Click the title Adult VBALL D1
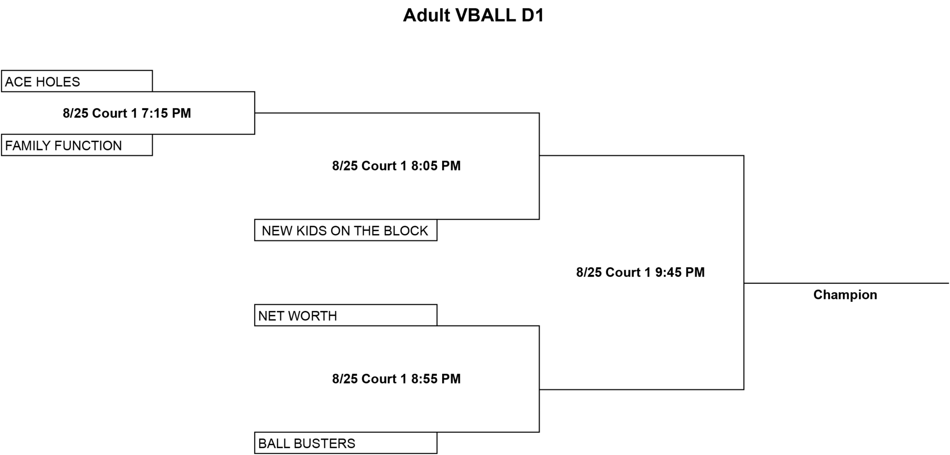[x=473, y=15]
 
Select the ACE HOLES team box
[x=77, y=81]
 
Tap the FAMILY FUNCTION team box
[x=77, y=145]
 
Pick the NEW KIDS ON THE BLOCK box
[x=346, y=230]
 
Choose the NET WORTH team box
[x=346, y=315]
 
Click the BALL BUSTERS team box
[x=346, y=443]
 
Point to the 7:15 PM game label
[x=127, y=113]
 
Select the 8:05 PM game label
[x=397, y=166]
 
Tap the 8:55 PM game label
[x=397, y=379]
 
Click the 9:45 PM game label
[x=641, y=272]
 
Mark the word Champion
[x=845, y=295]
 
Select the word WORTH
[x=312, y=316]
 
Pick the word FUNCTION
[x=88, y=146]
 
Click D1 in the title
[x=533, y=15]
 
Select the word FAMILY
[x=28, y=146]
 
